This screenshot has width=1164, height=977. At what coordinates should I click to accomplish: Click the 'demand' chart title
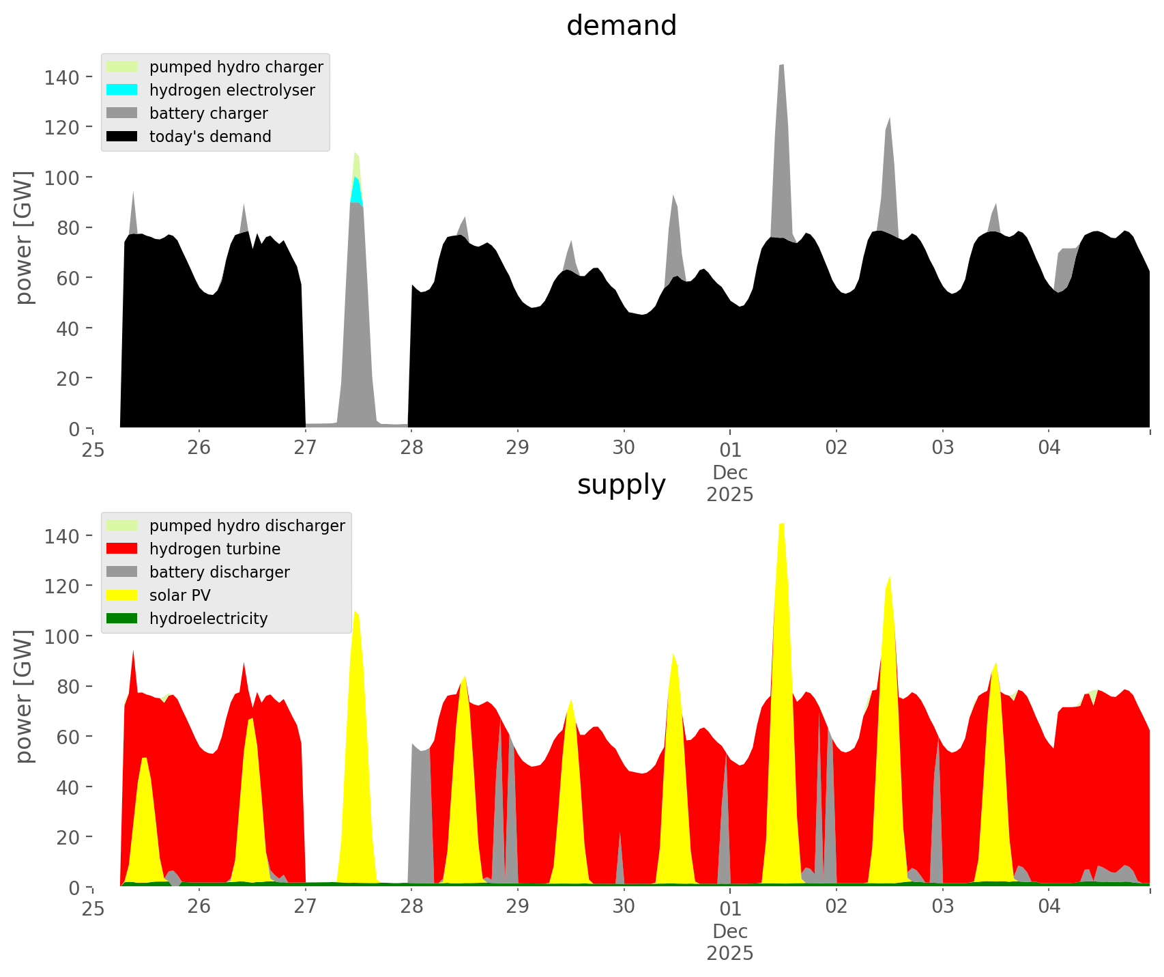point(621,26)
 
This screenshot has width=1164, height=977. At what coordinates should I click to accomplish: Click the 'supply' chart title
point(621,485)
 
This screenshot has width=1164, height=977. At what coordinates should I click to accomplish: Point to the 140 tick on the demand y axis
point(61,77)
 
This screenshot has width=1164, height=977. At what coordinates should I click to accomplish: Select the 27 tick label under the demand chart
point(305,448)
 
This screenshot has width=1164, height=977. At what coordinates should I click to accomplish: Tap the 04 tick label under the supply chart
point(1049,907)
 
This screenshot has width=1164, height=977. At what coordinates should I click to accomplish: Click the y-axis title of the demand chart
point(24,238)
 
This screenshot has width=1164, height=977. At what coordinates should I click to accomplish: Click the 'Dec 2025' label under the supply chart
point(729,942)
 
